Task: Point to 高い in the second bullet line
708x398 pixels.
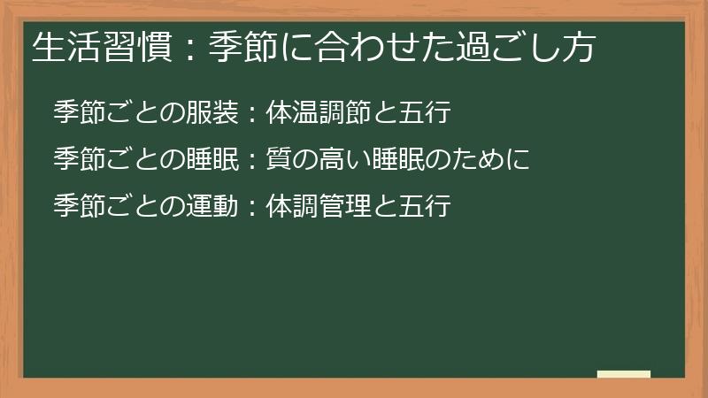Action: click(330, 159)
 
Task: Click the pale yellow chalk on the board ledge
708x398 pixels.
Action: click(624, 374)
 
